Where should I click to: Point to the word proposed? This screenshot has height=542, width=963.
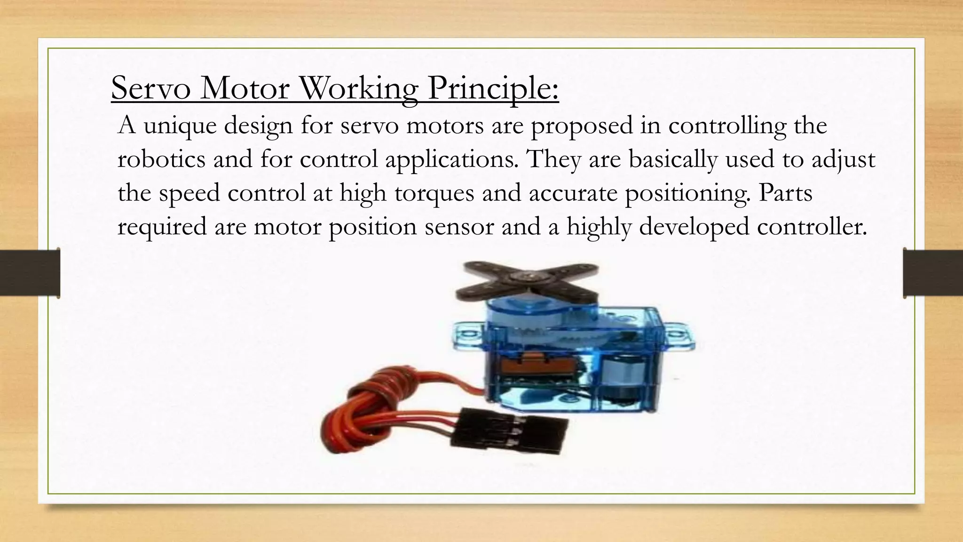click(x=582, y=126)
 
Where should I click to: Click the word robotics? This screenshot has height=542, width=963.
click(x=161, y=159)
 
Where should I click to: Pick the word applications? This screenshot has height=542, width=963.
click(x=450, y=159)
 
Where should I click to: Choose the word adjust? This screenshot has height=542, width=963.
click(x=844, y=159)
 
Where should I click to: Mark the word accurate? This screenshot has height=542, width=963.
click(x=573, y=193)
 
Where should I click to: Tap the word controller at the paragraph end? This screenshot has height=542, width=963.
click(x=812, y=227)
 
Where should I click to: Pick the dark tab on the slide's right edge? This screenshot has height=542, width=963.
click(x=933, y=273)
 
